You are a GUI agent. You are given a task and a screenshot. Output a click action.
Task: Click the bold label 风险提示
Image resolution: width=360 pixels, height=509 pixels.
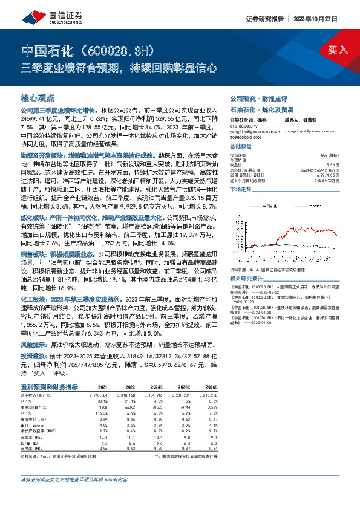(34, 343)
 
